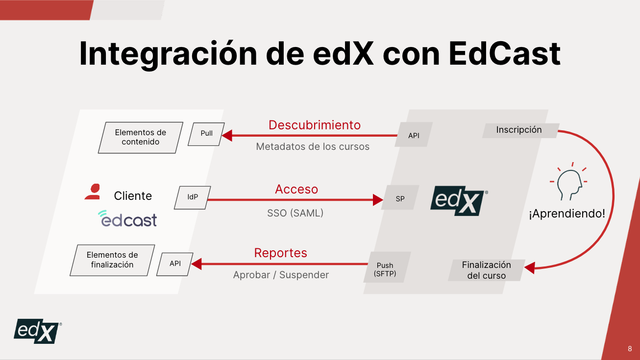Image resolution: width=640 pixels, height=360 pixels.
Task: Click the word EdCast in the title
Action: [504, 53]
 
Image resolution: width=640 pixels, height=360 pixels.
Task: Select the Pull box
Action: [206, 134]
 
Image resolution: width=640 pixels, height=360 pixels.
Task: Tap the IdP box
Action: [193, 197]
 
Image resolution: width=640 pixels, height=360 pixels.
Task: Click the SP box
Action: [400, 198]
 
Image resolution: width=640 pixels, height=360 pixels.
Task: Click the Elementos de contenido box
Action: [141, 137]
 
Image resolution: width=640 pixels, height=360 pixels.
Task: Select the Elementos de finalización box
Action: [112, 260]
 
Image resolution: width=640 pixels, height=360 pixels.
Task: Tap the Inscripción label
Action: [519, 130]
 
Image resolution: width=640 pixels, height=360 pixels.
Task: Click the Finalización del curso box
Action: [486, 270]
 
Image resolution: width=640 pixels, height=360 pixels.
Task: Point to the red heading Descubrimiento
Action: [315, 125]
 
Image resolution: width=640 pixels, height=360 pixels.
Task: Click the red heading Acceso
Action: [296, 189]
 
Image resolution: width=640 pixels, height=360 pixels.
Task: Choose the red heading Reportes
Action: [280, 253]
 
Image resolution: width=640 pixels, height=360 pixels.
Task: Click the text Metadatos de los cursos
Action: [313, 146]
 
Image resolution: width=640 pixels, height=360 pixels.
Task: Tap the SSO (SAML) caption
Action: [295, 213]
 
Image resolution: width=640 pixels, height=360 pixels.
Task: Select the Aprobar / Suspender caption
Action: [281, 275]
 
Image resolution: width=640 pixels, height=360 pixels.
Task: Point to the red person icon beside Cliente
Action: [93, 192]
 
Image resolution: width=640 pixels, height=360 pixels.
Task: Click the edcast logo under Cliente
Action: [127, 218]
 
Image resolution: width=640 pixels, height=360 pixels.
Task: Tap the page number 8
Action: [630, 349]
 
